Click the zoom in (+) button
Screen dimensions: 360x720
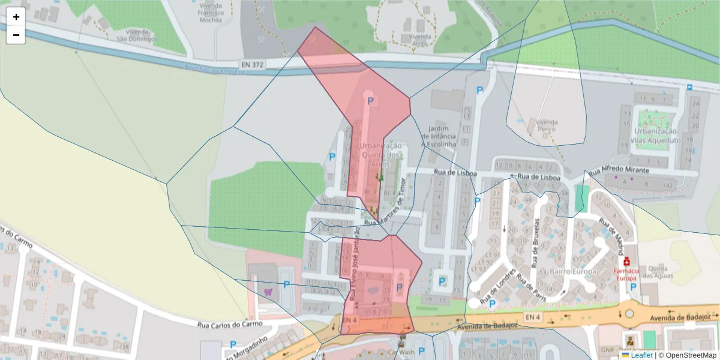[16, 17]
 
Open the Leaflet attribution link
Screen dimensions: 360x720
[641, 355]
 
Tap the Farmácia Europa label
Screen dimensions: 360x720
[627, 274]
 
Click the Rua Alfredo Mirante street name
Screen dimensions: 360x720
[619, 170]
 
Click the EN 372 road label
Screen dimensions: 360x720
[251, 64]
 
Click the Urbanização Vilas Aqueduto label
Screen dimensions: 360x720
[656, 135]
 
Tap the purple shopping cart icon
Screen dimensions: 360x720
[268, 291]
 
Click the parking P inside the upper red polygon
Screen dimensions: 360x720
[370, 102]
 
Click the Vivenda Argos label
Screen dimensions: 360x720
[420, 40]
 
